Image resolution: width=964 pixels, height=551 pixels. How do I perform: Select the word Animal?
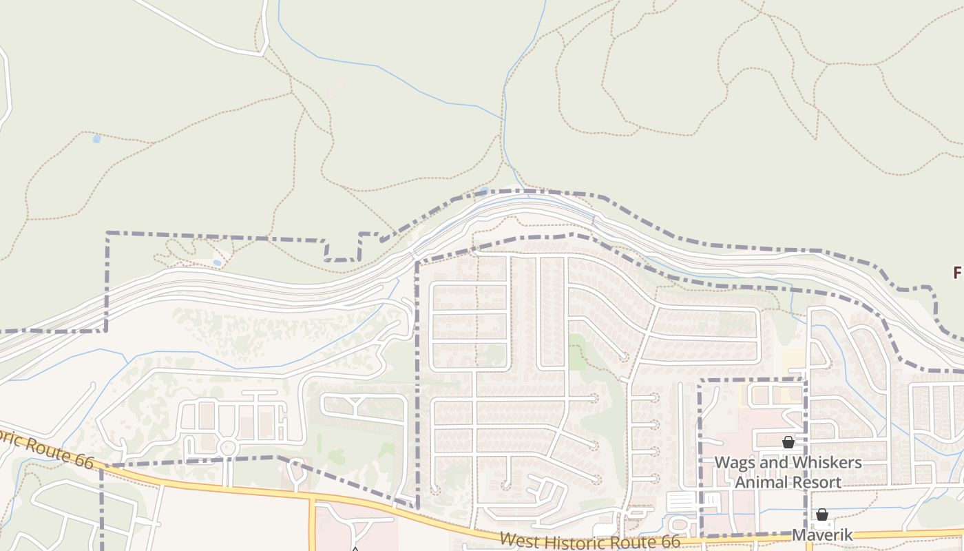tap(765, 481)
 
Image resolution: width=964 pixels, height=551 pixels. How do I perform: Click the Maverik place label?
tap(822, 535)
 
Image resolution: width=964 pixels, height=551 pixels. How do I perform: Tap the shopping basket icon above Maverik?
tap(821, 514)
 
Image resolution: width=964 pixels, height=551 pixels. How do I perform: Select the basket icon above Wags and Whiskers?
tap(788, 442)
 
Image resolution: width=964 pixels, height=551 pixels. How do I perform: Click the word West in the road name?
tap(519, 540)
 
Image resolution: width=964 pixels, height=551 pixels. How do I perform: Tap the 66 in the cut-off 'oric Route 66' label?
tap(83, 461)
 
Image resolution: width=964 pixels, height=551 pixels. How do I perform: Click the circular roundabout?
tap(228, 448)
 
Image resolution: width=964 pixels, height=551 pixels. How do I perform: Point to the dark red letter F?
tap(958, 273)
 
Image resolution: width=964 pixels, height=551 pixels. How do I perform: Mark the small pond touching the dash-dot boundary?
tap(485, 191)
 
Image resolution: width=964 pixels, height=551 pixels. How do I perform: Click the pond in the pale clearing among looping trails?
tap(218, 262)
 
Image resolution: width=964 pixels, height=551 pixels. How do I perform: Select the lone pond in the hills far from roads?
tap(96, 139)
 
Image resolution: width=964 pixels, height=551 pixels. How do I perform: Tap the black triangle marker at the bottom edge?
tap(355, 549)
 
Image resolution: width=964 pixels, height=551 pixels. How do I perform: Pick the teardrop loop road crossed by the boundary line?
tap(297, 473)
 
